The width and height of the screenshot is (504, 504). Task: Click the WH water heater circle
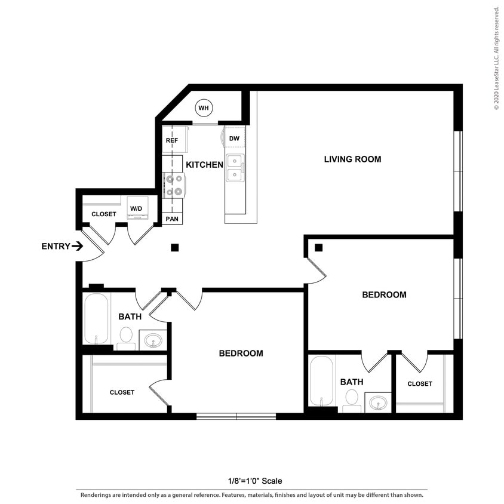point(204,108)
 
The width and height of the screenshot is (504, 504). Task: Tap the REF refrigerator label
point(172,141)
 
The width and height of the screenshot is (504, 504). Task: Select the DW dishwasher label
point(235,139)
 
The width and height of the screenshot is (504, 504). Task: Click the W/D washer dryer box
point(137,208)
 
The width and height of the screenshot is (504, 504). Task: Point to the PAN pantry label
point(173,219)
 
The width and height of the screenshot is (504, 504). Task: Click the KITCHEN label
point(204,164)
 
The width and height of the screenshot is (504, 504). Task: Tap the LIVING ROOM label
point(352,159)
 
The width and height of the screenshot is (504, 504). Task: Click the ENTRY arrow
point(77,246)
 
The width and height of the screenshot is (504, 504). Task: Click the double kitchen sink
point(235,168)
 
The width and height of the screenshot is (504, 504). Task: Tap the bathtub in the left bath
point(96,318)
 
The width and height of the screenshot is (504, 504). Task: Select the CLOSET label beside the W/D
point(104,214)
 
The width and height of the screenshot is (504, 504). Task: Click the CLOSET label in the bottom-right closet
point(420,383)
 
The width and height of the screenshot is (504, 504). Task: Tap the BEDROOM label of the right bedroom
point(384,294)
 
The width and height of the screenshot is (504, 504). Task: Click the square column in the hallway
point(174,247)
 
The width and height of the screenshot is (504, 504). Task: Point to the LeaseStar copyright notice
point(496,59)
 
